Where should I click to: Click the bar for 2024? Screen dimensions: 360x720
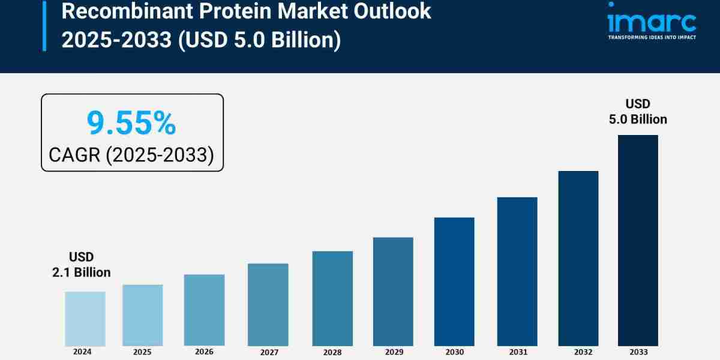[85, 319]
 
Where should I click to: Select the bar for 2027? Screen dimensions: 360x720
[268, 304]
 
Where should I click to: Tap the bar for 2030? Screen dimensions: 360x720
[454, 281]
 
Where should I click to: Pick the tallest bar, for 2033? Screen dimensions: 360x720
[638, 240]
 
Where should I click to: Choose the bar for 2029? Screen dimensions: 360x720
[393, 292]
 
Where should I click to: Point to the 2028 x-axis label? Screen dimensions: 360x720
[332, 352]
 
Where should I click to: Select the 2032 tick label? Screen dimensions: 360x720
[578, 352]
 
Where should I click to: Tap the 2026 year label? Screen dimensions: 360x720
[204, 352]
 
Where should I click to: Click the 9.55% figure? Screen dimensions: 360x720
[131, 123]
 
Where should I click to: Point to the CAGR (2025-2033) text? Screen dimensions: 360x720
[131, 155]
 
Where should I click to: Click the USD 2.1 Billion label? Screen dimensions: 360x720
[81, 265]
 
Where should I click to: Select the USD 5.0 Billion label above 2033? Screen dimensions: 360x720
[638, 112]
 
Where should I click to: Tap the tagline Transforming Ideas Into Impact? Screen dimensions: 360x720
[652, 37]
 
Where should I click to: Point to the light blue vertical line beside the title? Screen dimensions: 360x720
[44, 25]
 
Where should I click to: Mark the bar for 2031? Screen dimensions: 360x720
[517, 271]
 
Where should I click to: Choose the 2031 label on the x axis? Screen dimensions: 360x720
[517, 352]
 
